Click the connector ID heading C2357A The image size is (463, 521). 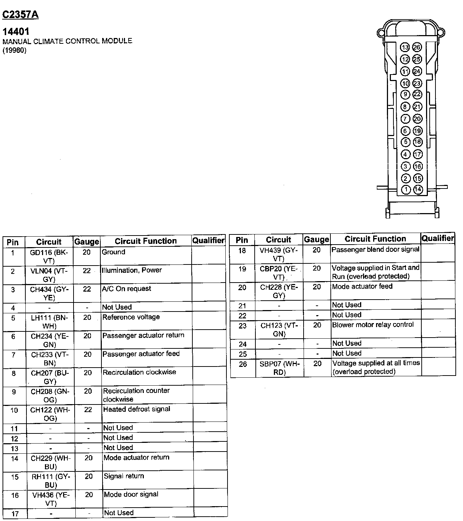[x=20, y=14]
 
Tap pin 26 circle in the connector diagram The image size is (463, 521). [x=417, y=47]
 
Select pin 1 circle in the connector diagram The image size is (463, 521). [x=406, y=190]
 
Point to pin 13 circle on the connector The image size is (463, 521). [x=405, y=47]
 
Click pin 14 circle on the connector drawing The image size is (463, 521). [x=418, y=189]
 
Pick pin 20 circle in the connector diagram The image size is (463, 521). [x=417, y=119]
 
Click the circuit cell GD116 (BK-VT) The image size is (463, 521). [x=49, y=256]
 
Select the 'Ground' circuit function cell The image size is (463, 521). [x=113, y=252]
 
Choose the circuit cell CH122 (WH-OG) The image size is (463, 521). [x=50, y=414]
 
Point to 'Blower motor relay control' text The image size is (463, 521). [x=373, y=325]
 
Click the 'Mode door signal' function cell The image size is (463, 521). [x=131, y=494]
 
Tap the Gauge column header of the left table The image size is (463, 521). [x=87, y=242]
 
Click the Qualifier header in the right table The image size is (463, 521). [x=438, y=238]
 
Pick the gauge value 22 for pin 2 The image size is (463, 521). [x=87, y=271]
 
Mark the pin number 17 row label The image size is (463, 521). [x=15, y=513]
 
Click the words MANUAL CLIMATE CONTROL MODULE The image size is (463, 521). [x=67, y=41]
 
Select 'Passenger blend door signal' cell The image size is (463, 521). [x=375, y=249]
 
